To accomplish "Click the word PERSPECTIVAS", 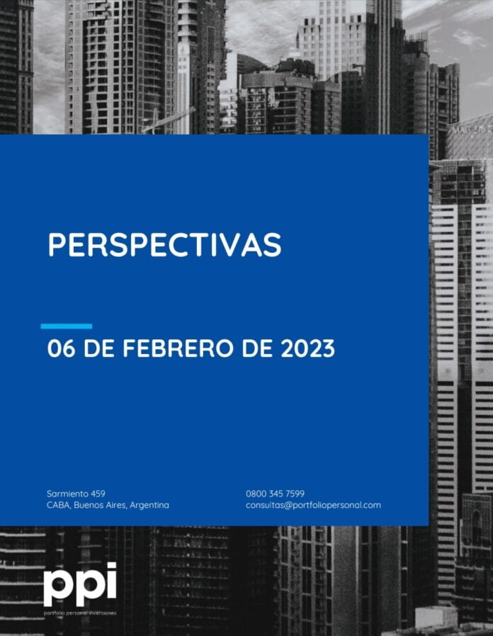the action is (x=164, y=244).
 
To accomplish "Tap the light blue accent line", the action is (x=67, y=326).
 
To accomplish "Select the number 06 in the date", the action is (x=61, y=348).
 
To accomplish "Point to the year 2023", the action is (x=308, y=348).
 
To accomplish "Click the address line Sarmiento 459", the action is (x=76, y=494).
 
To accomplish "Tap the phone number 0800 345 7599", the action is (x=275, y=494).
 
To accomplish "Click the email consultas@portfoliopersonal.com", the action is (x=313, y=506).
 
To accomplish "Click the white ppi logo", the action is (x=80, y=584).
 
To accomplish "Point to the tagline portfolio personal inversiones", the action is (x=80, y=613).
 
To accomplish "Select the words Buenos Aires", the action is (x=100, y=506).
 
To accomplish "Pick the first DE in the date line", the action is (x=98, y=348).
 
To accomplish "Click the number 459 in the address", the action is (x=98, y=494).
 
